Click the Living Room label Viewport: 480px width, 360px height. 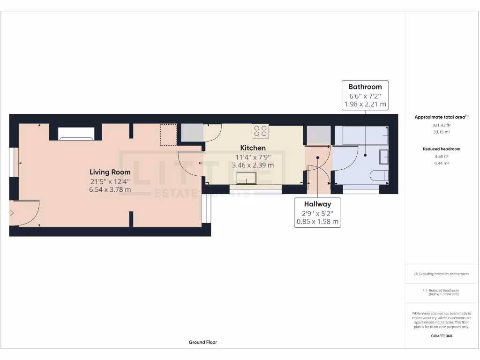(x=110, y=172)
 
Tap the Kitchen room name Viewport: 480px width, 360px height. (x=253, y=148)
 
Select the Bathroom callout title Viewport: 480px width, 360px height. (x=365, y=87)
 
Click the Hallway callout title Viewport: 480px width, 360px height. (x=317, y=204)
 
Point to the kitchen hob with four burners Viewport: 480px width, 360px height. (x=261, y=131)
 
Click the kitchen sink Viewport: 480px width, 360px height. (x=246, y=178)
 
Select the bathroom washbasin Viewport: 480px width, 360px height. (x=383, y=157)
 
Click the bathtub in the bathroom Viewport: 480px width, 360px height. (x=361, y=135)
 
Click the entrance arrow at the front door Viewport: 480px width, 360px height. (x=11, y=213)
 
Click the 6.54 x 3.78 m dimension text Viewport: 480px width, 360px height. (x=110, y=190)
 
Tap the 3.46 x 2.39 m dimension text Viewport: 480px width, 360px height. (x=253, y=165)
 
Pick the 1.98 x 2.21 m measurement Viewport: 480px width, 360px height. (x=365, y=104)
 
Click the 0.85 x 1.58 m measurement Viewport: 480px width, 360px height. (x=317, y=222)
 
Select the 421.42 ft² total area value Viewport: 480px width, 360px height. (x=441, y=125)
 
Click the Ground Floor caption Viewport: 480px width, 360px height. (x=202, y=342)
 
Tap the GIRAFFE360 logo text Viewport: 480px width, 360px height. (x=441, y=336)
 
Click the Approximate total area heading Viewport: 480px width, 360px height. (x=441, y=117)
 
